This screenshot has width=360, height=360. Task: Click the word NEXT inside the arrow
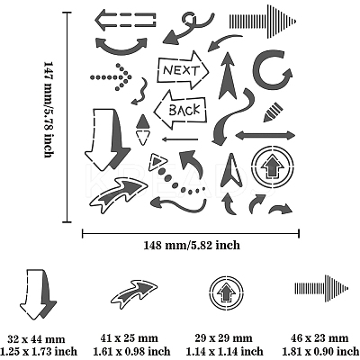(x=181, y=70)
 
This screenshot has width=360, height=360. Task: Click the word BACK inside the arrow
(x=184, y=110)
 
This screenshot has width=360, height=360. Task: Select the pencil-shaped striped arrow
(x=273, y=112)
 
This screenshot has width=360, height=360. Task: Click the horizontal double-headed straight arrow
(x=265, y=135)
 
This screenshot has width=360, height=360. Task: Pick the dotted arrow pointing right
(x=111, y=77)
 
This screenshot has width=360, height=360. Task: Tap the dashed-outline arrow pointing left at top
(x=126, y=21)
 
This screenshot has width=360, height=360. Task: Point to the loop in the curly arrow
(x=189, y=19)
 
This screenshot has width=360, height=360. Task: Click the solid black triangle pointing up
(x=143, y=121)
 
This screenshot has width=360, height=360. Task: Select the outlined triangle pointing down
(x=143, y=138)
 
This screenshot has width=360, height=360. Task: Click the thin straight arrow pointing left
(x=180, y=139)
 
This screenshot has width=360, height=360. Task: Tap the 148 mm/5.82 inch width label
(x=192, y=245)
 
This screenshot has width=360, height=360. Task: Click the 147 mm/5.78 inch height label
(x=49, y=110)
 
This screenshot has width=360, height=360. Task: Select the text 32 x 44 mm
(x=36, y=339)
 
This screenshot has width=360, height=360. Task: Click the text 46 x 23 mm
(x=319, y=338)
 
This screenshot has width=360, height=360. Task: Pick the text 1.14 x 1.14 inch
(x=224, y=351)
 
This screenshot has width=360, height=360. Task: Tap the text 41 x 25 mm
(x=130, y=338)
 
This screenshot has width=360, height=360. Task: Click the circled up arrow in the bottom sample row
(x=227, y=291)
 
